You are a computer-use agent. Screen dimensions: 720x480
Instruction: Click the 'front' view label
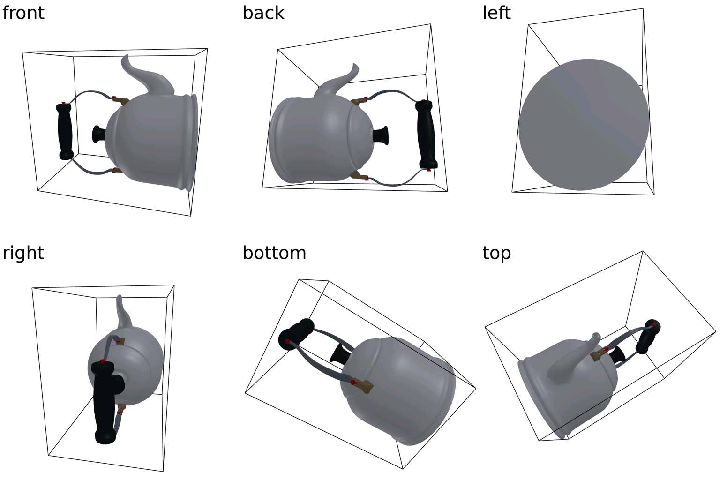pyautogui.click(x=23, y=13)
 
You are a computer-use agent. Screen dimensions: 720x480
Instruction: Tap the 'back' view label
pyautogui.click(x=263, y=13)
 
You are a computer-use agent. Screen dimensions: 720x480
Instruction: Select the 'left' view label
pyautogui.click(x=496, y=13)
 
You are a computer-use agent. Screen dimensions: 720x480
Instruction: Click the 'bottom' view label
pyautogui.click(x=274, y=253)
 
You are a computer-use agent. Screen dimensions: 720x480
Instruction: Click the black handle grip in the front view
pyautogui.click(x=65, y=131)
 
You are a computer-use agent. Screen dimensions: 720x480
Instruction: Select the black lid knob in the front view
pyautogui.click(x=99, y=134)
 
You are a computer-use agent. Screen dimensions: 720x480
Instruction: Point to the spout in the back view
pyautogui.click(x=337, y=80)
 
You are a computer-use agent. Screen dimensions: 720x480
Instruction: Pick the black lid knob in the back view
pyautogui.click(x=381, y=135)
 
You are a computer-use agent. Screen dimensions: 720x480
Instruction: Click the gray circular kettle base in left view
pyautogui.click(x=584, y=125)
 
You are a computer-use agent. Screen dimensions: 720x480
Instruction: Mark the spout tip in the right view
pyautogui.click(x=119, y=296)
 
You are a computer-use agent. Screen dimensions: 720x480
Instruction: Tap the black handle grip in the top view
pyautogui.click(x=648, y=337)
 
